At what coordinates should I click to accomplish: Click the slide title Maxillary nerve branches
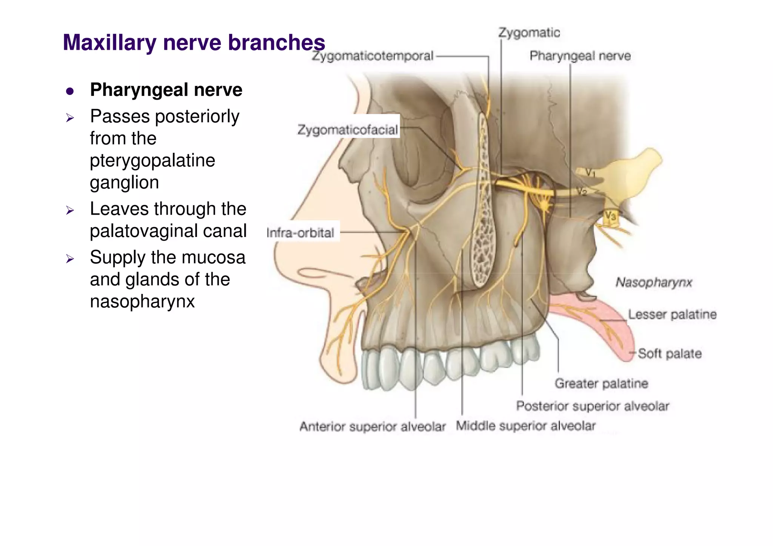(194, 42)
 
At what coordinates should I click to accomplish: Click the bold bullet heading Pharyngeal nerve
(166, 90)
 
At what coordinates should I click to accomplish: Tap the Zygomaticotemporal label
(372, 56)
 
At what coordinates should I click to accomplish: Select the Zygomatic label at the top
(529, 33)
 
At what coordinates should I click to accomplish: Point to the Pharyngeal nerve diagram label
(580, 56)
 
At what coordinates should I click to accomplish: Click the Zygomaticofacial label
(348, 130)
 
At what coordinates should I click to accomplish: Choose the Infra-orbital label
(300, 232)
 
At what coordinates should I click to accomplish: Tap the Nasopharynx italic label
(654, 282)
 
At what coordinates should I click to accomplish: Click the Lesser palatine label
(672, 314)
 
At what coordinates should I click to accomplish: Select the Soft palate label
(670, 354)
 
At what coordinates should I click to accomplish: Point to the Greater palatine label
(601, 383)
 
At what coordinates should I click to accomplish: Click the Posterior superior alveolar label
(593, 406)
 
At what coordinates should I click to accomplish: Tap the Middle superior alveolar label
(525, 426)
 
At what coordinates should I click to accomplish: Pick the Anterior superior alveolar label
(373, 427)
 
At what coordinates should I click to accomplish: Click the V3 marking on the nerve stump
(610, 216)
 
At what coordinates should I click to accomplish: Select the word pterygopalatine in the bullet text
(152, 160)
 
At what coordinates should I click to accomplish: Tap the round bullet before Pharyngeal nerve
(70, 91)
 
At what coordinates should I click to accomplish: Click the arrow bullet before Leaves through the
(70, 210)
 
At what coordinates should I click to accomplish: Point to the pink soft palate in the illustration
(604, 325)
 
